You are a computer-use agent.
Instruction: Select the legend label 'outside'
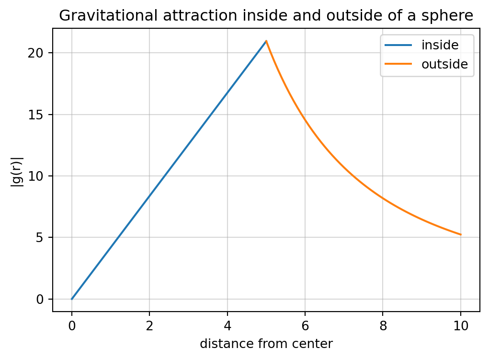coord(444,64)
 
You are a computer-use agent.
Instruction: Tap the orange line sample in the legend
coord(398,64)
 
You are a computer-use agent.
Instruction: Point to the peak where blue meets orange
coord(266,41)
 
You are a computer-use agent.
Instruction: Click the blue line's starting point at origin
coord(72,299)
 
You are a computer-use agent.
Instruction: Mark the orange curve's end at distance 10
coord(461,235)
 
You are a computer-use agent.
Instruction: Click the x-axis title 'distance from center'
coord(266,344)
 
